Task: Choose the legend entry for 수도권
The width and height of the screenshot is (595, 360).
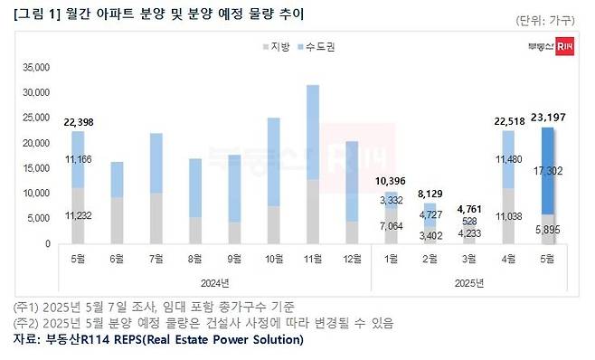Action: click(312, 45)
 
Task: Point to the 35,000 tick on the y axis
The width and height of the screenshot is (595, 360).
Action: click(35, 67)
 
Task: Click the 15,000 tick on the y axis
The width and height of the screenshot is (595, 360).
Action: click(35, 168)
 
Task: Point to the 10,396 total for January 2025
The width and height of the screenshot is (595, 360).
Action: click(391, 183)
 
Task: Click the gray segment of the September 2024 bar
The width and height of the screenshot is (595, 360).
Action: click(235, 232)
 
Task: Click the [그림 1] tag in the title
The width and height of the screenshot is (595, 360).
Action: click(32, 14)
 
